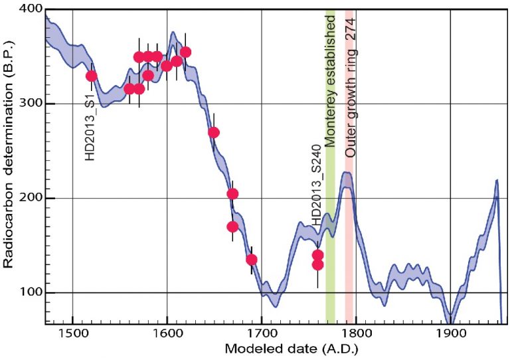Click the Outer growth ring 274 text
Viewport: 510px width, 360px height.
coord(349,84)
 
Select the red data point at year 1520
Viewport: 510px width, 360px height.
coord(92,76)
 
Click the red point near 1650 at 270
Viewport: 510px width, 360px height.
coord(214,132)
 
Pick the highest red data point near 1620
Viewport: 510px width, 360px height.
coord(186,52)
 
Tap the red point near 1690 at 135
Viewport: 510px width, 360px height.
coord(252,259)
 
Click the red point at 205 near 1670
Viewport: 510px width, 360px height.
coord(232,193)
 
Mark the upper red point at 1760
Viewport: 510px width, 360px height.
coord(317,255)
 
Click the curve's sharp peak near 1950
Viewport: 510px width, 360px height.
coord(496,181)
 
